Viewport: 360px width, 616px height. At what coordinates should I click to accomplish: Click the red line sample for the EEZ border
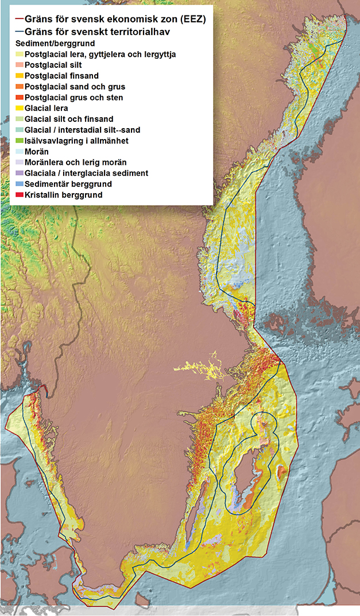coord(19,19)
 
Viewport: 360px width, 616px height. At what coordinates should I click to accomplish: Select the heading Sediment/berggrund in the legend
coord(55,43)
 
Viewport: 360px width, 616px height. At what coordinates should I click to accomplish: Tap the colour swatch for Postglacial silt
coord(19,65)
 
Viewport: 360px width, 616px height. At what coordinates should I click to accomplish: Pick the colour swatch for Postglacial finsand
coord(19,76)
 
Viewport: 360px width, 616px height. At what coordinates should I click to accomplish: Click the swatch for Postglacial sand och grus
coord(19,87)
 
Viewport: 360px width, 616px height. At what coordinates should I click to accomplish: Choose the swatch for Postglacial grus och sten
coord(19,98)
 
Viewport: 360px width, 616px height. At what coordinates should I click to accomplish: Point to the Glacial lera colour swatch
coord(19,108)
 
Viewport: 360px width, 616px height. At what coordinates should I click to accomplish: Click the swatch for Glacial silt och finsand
coord(19,119)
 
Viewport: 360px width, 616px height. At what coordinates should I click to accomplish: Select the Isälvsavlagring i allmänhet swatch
coord(19,141)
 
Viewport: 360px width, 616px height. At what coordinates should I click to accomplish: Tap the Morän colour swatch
coord(19,152)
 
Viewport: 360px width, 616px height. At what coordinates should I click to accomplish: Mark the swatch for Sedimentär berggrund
coord(19,184)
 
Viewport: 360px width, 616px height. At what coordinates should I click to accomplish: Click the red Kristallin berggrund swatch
coord(19,195)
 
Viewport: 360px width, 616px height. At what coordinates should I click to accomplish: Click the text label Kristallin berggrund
coord(63,195)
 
